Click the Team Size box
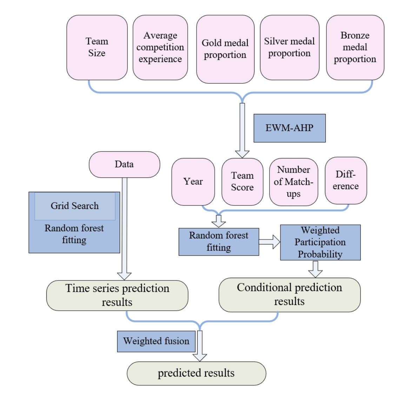pos(97,47)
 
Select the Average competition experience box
pos(160,47)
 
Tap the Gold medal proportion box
pos(225,49)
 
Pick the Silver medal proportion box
pos(290,47)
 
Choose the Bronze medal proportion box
pos(355,47)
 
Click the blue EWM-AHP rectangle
pos(290,128)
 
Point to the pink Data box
pos(124,164)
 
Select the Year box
pos(193,182)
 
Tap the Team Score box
pos(242,182)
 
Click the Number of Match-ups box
pos(293,182)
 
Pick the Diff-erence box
pos(346,180)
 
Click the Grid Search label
pos(75,206)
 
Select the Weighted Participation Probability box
pos(320,242)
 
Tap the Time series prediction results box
pos(117,295)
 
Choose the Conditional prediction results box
pos(290,295)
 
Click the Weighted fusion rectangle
pos(156,341)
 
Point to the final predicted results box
pos(196,373)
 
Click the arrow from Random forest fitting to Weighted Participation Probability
pos(270,242)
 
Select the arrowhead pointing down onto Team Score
pos(242,154)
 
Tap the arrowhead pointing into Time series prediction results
pos(124,276)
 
